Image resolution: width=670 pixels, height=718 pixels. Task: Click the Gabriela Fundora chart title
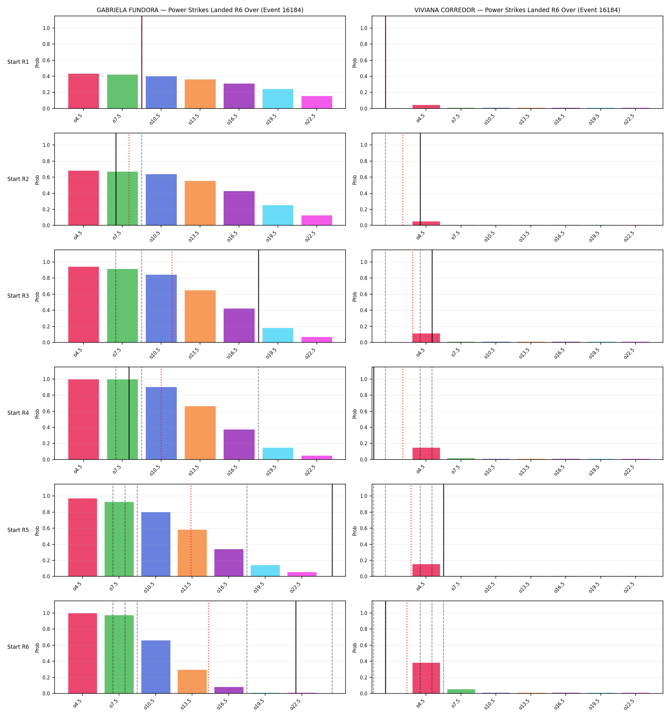pos(200,10)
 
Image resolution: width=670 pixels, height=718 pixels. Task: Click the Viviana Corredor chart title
pos(517,10)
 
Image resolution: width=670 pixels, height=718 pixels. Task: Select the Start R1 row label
pos(18,62)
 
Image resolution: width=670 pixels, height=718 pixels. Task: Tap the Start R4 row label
pos(18,413)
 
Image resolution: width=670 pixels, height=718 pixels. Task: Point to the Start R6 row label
pos(18,647)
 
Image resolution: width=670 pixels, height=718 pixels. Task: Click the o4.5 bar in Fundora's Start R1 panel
pos(84,91)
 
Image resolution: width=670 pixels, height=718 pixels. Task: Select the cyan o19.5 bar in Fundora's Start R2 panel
pos(278,215)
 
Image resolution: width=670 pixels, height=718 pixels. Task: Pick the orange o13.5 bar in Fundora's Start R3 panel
pos(200,316)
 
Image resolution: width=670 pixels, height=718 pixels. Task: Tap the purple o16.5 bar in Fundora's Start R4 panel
pos(239,444)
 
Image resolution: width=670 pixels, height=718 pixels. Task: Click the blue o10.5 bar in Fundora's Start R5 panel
pos(156,544)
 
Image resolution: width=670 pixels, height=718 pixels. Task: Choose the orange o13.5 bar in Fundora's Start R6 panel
pos(192,682)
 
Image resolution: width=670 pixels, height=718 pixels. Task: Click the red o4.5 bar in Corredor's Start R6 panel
pos(426,678)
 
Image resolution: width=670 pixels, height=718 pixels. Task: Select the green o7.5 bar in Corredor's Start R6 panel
pos(461,691)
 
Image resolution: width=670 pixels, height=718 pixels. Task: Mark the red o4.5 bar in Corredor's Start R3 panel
pos(426,338)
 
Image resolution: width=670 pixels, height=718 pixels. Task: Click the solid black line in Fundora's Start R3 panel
pos(259,296)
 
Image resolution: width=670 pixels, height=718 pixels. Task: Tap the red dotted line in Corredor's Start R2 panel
pos(403,179)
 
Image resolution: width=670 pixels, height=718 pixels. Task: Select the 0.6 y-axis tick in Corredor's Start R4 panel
pos(364,411)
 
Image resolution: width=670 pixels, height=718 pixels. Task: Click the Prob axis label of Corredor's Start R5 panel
pos(355,531)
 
